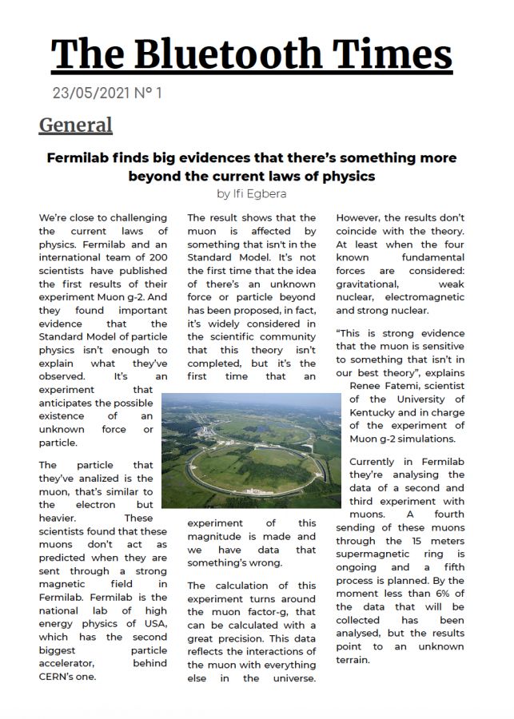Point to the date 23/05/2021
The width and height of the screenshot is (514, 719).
(90, 93)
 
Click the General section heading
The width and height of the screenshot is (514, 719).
(75, 125)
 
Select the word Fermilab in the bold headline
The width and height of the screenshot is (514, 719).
(81, 157)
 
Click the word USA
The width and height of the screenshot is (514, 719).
(156, 623)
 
